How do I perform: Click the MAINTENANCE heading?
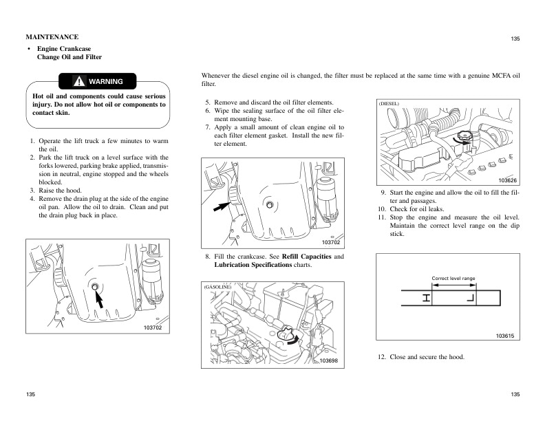(52, 36)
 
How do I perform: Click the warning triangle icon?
(80, 82)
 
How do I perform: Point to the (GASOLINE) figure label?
(217, 285)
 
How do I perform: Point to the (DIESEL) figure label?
(389, 103)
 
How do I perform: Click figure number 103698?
(329, 361)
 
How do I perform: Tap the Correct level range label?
(453, 278)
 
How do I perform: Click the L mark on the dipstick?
(471, 298)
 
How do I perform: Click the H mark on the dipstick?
(427, 298)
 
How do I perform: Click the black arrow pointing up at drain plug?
(100, 298)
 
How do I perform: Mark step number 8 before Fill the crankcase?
(207, 257)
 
